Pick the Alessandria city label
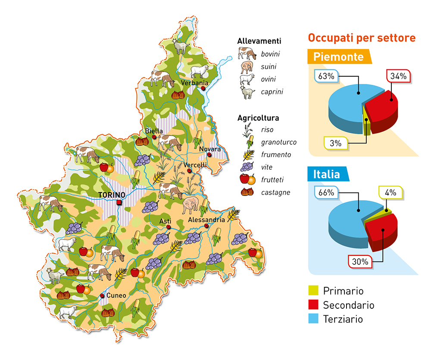coord(206,220)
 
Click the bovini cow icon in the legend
coord(247,54)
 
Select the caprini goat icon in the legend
coord(247,92)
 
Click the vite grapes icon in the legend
coord(247,167)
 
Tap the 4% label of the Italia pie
coord(390,192)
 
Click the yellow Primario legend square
coord(314,291)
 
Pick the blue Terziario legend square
coord(314,319)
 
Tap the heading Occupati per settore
coord(362,38)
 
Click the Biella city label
coord(154,130)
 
